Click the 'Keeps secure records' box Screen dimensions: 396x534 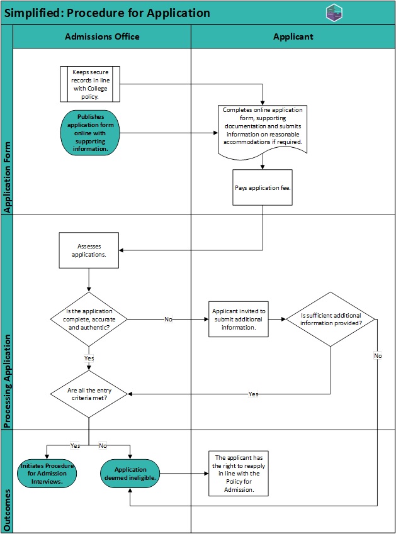coord(90,84)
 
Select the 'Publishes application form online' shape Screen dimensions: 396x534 coord(90,133)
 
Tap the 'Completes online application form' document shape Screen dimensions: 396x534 coord(263,131)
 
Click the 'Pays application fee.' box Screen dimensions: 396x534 coord(263,187)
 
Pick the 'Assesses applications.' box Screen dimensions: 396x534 coord(89,250)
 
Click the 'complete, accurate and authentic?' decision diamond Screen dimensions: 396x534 coord(89,319)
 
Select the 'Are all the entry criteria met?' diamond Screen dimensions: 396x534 coord(89,394)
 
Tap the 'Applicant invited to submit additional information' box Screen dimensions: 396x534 coord(239,319)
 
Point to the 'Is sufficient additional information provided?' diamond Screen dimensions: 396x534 coord(331,319)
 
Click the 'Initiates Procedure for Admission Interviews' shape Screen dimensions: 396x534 coord(47,474)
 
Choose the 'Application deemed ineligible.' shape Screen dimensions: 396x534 coord(130,474)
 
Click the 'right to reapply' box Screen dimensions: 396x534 coord(239,474)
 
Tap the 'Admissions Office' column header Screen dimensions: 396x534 coord(102,36)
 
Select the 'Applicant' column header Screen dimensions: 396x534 coord(293,36)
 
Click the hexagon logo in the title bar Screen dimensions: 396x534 coord(334,13)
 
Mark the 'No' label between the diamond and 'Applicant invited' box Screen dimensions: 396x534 coord(168,319)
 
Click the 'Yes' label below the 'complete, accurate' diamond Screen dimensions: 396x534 coord(89,359)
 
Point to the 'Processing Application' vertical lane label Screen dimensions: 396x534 coord(7,381)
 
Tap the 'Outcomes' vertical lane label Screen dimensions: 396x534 coord(7,510)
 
